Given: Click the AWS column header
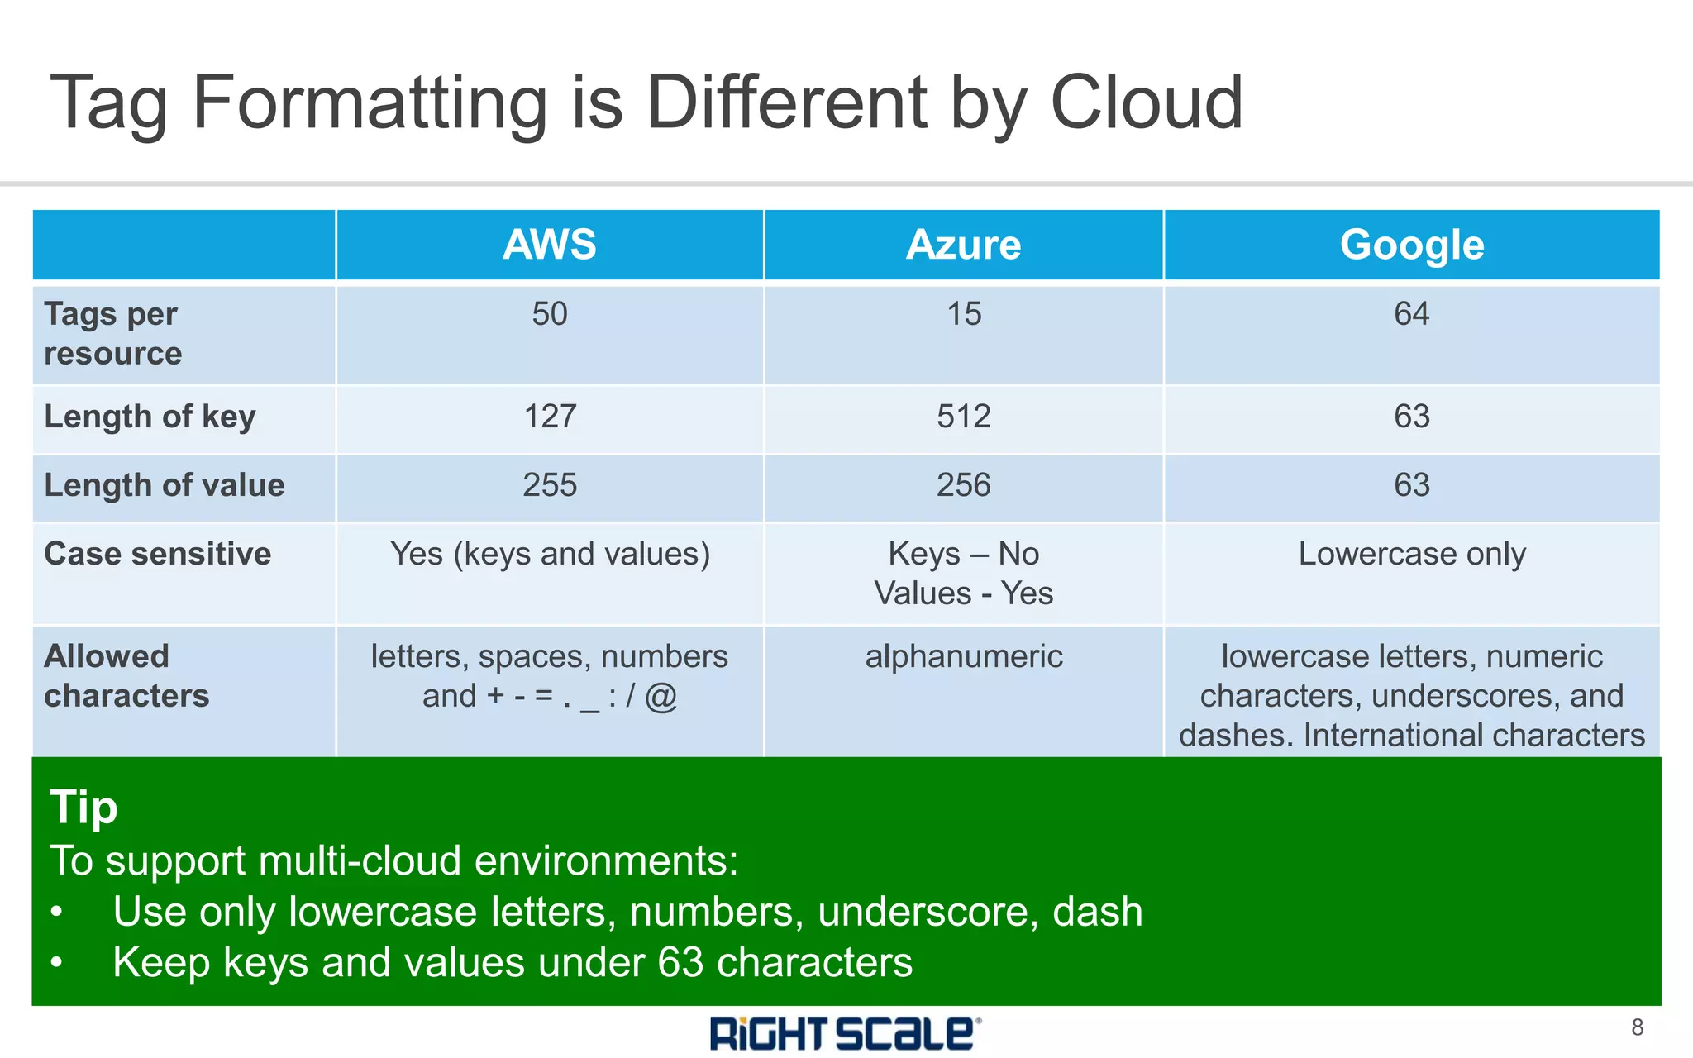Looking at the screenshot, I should coord(550,245).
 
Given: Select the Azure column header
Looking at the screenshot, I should coord(964,245).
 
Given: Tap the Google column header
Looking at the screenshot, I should coord(1412,245).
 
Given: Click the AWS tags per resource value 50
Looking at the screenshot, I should coord(550,314).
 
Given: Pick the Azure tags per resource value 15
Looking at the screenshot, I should coord(964,314).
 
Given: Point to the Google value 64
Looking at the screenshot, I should coord(1412,314).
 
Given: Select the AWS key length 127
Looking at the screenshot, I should coord(550,416).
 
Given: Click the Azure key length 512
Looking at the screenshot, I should coord(964,416).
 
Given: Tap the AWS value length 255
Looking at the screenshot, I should coord(550,484).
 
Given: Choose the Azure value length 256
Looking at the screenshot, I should coord(964,484).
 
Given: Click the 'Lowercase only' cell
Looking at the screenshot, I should coord(1412,554).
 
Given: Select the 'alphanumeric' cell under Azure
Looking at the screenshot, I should coord(964,656).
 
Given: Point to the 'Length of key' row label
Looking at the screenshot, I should coord(150,417).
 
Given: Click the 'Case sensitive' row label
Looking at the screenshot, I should coord(157,554).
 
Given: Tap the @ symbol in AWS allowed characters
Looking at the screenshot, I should coord(661,696).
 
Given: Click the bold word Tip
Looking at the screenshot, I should coord(83,806).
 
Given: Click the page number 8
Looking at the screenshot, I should coord(1637,1027).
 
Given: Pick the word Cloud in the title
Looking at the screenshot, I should coord(1147,102).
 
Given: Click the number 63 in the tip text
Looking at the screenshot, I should coord(680,962).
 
